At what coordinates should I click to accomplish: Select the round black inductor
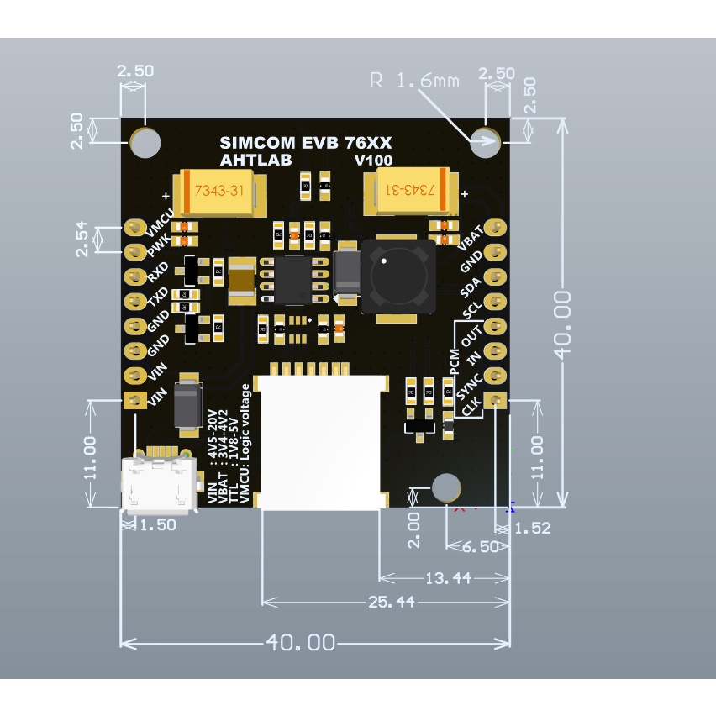[397, 276]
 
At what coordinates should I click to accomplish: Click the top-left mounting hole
[145, 142]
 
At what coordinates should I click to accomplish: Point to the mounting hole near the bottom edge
[445, 487]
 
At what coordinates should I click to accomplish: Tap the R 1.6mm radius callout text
[415, 82]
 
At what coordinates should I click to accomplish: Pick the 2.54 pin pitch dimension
[80, 240]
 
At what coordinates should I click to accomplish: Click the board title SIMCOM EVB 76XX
[305, 144]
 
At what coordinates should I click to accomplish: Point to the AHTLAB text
[253, 160]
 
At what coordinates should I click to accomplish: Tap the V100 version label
[373, 160]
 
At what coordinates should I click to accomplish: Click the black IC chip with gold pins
[294, 278]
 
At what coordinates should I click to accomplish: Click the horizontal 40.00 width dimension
[301, 643]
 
